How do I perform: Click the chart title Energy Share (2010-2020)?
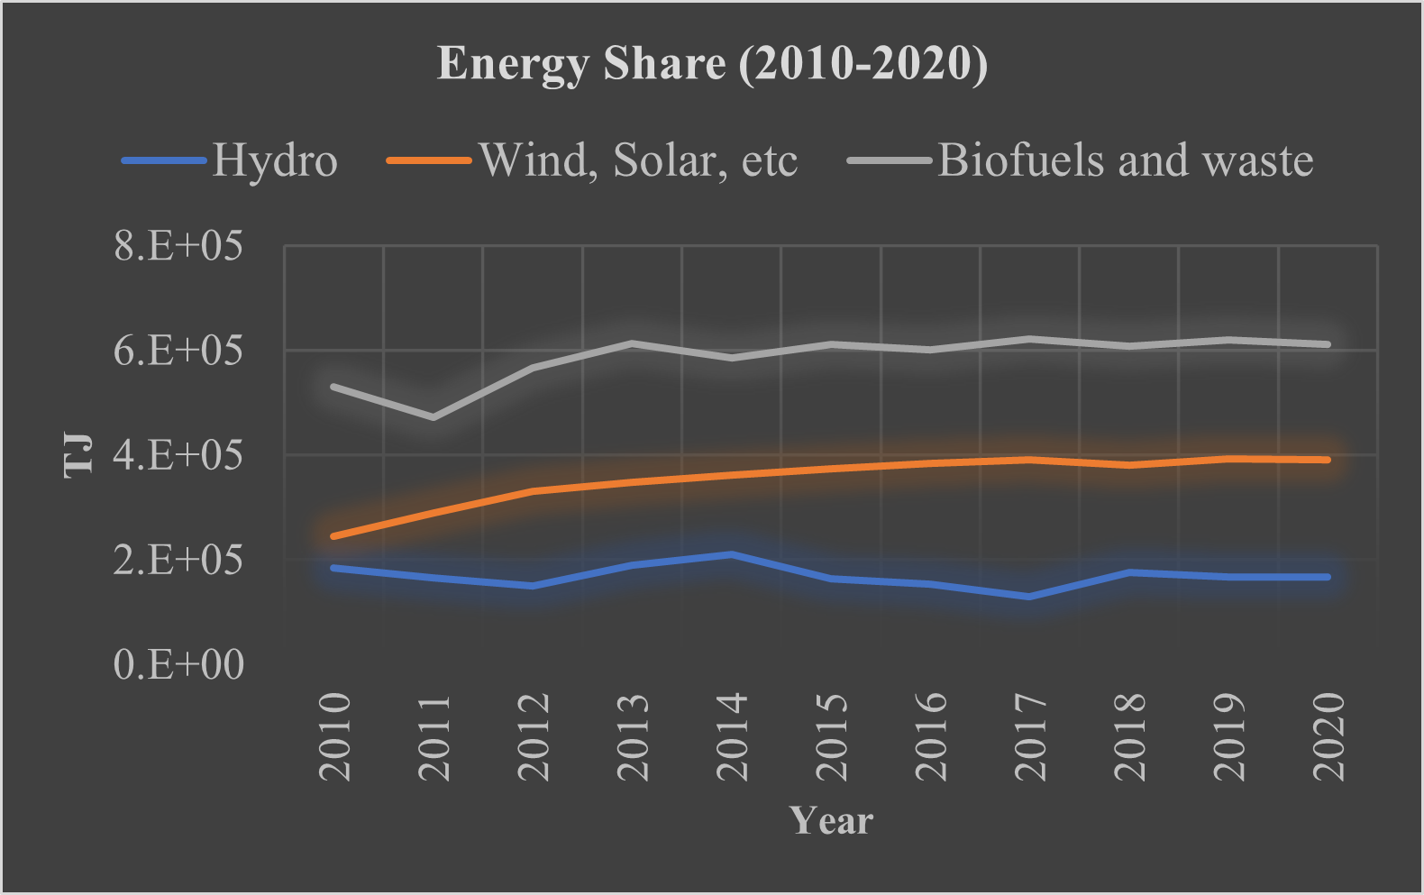(712, 64)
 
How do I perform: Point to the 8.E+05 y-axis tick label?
(178, 245)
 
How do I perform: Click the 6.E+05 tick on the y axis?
(178, 350)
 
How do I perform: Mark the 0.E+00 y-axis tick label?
(178, 664)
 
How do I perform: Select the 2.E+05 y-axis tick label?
(178, 560)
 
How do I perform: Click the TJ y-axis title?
(79, 454)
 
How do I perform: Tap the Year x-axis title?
(831, 821)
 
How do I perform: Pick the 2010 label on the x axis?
(335, 736)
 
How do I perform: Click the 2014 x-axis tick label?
(732, 736)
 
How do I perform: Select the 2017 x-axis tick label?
(1030, 736)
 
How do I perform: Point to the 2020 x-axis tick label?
(1328, 736)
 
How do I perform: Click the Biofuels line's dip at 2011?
(434, 417)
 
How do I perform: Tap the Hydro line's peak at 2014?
(732, 553)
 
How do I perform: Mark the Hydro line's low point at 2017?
(1029, 597)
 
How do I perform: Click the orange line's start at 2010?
(334, 536)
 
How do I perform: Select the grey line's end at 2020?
(1328, 344)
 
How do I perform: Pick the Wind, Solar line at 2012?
(533, 491)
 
